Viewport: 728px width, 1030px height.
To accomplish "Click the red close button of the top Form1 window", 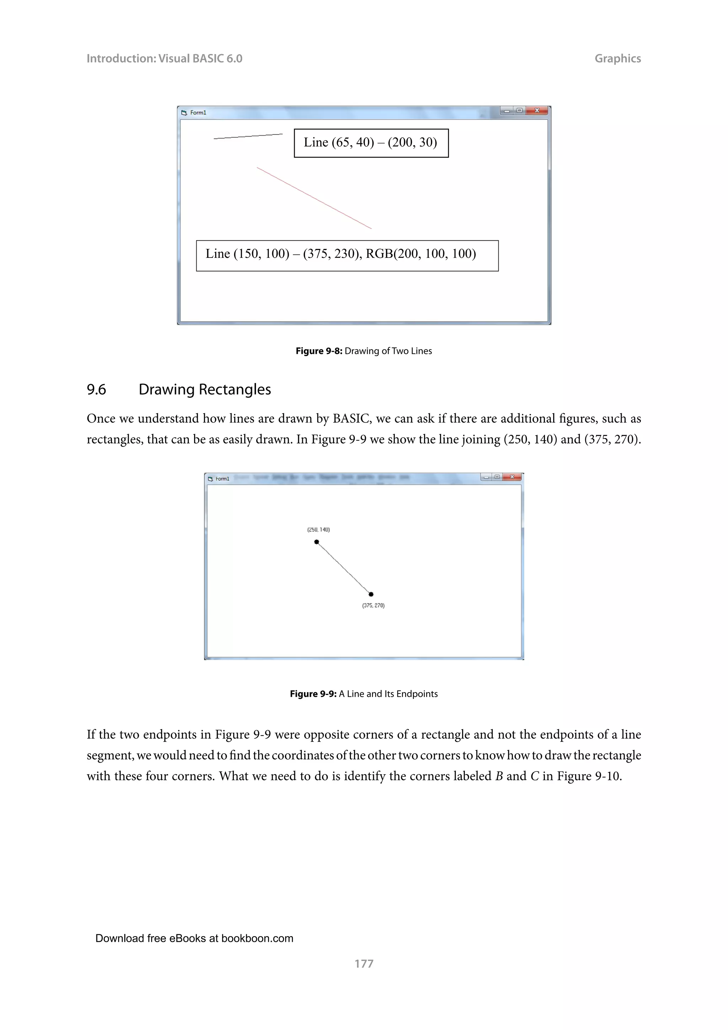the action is tap(537, 110).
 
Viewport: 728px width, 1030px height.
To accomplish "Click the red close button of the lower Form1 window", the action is tap(512, 477).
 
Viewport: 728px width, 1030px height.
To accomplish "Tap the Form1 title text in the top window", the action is tap(198, 113).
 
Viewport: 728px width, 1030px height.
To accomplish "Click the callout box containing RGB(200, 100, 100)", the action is tap(347, 256).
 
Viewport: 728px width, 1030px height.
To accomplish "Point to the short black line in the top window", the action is tap(248, 136).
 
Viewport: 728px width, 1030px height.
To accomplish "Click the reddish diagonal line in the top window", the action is tap(314, 198).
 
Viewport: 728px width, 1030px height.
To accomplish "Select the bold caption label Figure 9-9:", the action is tap(313, 694).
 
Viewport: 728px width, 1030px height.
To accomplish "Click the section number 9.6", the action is tap(96, 389).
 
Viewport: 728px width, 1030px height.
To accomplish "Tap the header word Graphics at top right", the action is tap(617, 58).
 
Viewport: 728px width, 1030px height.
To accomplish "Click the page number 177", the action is tap(364, 963).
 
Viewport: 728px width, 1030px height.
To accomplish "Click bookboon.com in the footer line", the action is tap(257, 938).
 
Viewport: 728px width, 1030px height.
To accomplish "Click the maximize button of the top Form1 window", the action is tap(519, 110).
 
